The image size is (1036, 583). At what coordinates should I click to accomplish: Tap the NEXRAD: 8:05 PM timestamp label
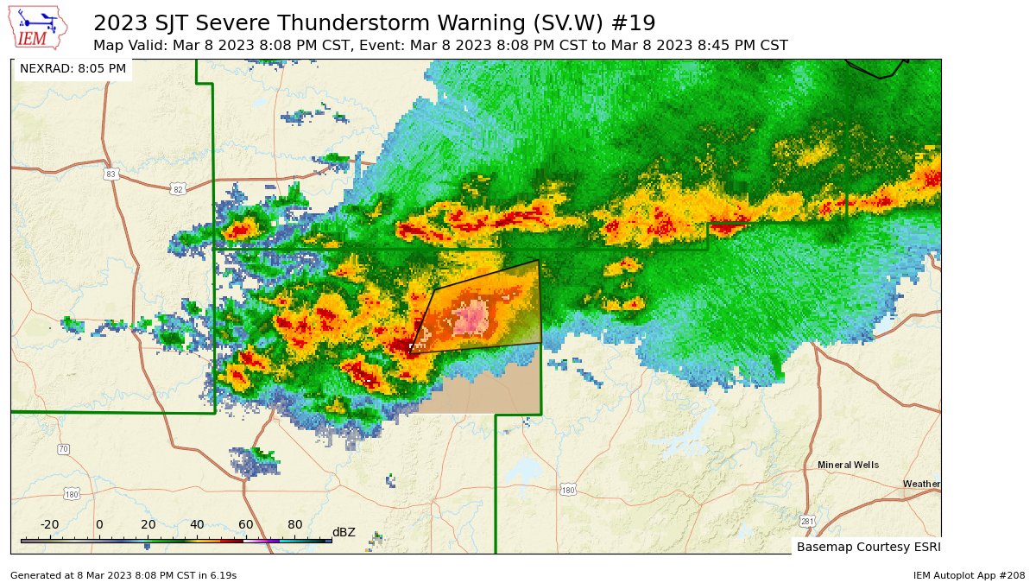(73, 68)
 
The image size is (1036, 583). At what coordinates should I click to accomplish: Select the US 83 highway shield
(110, 174)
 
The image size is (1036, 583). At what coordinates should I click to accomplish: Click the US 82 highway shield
(178, 189)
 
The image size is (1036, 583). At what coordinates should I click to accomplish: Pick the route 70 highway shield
(63, 449)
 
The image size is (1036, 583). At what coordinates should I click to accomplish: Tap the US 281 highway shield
(807, 521)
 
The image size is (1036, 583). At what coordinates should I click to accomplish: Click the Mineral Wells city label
(848, 465)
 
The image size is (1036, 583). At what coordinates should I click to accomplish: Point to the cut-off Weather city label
(921, 484)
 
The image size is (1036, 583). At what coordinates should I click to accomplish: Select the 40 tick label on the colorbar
(197, 524)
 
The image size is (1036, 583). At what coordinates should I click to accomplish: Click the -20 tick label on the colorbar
(49, 524)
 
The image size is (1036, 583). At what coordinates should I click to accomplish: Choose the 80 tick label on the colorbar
(294, 524)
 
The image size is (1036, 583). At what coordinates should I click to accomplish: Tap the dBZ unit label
(344, 532)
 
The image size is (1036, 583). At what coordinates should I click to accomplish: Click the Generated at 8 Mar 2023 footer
(123, 574)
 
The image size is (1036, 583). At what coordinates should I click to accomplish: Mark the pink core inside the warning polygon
(472, 320)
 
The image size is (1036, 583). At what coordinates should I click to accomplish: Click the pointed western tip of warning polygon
(409, 353)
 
